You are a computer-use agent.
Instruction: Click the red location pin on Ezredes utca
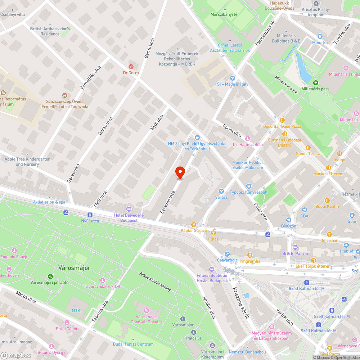180,172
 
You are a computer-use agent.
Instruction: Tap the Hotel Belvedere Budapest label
129,218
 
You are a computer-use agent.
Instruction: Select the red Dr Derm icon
131,67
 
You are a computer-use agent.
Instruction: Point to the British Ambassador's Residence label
50,31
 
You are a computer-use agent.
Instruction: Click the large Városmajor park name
74,268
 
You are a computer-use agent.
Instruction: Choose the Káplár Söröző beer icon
194,224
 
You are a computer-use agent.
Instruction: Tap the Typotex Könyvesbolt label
248,192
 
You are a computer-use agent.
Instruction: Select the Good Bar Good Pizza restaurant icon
282,120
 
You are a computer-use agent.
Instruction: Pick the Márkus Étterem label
328,174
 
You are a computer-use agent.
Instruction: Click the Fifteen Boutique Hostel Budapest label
212,278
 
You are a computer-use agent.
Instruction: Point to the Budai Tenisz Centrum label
133,344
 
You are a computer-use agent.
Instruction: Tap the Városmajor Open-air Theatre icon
147,310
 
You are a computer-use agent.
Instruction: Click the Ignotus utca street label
209,307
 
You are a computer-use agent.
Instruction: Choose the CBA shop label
305,216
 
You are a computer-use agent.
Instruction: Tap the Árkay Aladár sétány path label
155,281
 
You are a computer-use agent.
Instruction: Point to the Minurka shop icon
320,36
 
